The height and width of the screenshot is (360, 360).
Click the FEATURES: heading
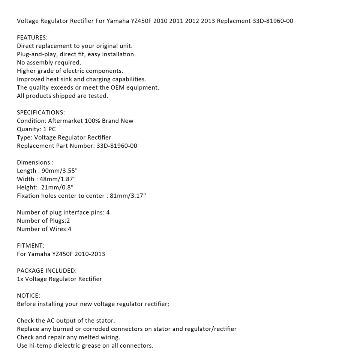pyautogui.click(x=32, y=37)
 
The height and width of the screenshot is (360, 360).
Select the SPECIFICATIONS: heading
pyautogui.click(x=41, y=112)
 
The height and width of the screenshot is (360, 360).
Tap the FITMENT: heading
pyautogui.click(x=30, y=246)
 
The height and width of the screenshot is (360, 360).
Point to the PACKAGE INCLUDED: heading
pyautogui.click(x=47, y=271)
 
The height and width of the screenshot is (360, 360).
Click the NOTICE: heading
pyautogui.click(x=28, y=296)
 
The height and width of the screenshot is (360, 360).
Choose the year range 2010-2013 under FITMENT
pyautogui.click(x=90, y=254)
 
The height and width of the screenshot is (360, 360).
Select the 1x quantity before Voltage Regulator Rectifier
pyautogui.click(x=20, y=279)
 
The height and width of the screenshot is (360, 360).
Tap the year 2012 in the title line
pyautogui.click(x=192, y=21)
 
